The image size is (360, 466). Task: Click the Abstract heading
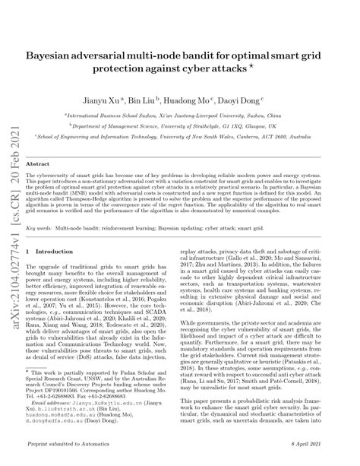[x=38, y=164]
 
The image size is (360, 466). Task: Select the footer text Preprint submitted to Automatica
[x=65, y=456]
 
